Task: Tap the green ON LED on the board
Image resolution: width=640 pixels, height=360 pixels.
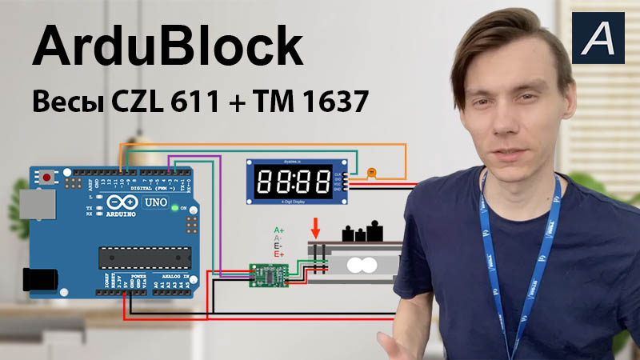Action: point(175,208)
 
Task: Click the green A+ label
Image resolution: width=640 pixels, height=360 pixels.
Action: point(278,230)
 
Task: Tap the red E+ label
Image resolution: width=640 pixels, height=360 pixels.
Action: point(279,254)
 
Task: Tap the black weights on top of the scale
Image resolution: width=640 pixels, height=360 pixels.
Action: point(363,233)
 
